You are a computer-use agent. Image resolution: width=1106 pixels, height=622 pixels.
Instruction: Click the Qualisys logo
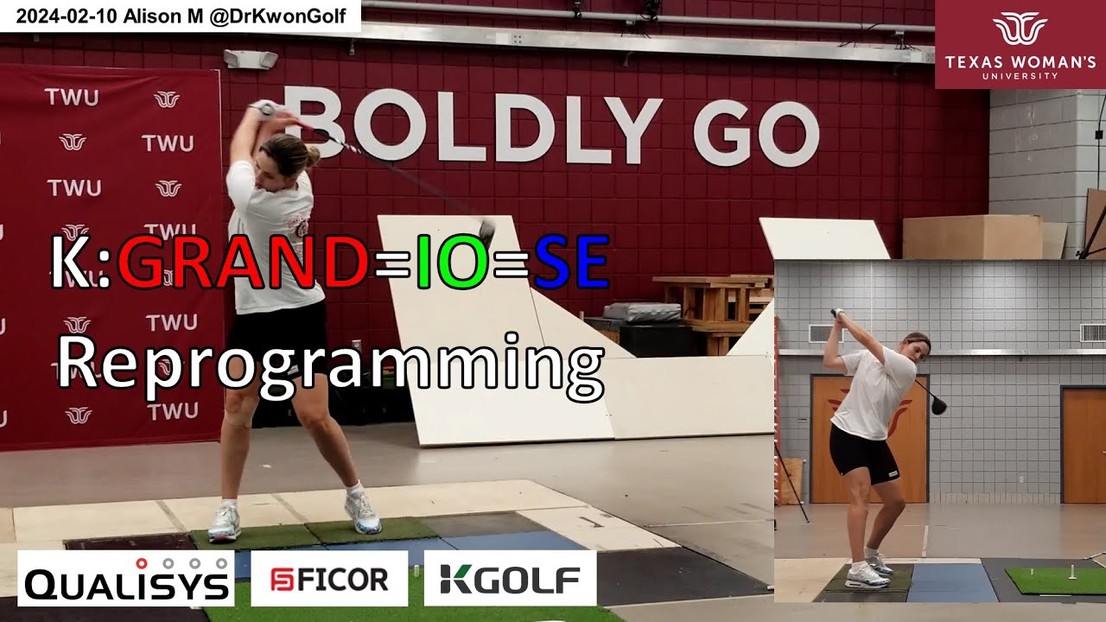(x=126, y=578)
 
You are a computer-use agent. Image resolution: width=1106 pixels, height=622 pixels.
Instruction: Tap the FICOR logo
(x=329, y=578)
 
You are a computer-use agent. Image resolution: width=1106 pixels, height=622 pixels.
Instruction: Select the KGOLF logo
(x=510, y=578)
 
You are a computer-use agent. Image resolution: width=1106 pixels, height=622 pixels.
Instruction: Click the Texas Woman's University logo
(x=1020, y=44)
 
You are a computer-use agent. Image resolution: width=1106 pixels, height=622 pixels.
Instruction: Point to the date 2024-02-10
(x=67, y=16)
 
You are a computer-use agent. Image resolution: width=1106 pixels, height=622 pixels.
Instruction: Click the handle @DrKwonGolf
(x=277, y=16)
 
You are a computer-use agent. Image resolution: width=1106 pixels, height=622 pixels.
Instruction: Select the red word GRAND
(x=243, y=262)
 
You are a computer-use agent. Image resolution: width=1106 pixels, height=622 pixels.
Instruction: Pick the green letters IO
(x=453, y=262)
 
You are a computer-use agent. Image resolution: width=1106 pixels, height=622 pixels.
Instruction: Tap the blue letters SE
(x=571, y=262)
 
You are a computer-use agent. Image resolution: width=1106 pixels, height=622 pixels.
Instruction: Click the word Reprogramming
(x=331, y=365)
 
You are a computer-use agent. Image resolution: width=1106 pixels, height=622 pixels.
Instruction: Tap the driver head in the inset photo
(x=938, y=405)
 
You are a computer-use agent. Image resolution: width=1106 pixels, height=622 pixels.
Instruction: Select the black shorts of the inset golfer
(x=862, y=455)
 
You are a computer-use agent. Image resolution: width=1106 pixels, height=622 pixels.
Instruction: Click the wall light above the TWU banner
(x=251, y=59)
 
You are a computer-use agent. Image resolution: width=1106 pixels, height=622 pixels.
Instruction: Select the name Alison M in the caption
(x=163, y=16)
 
